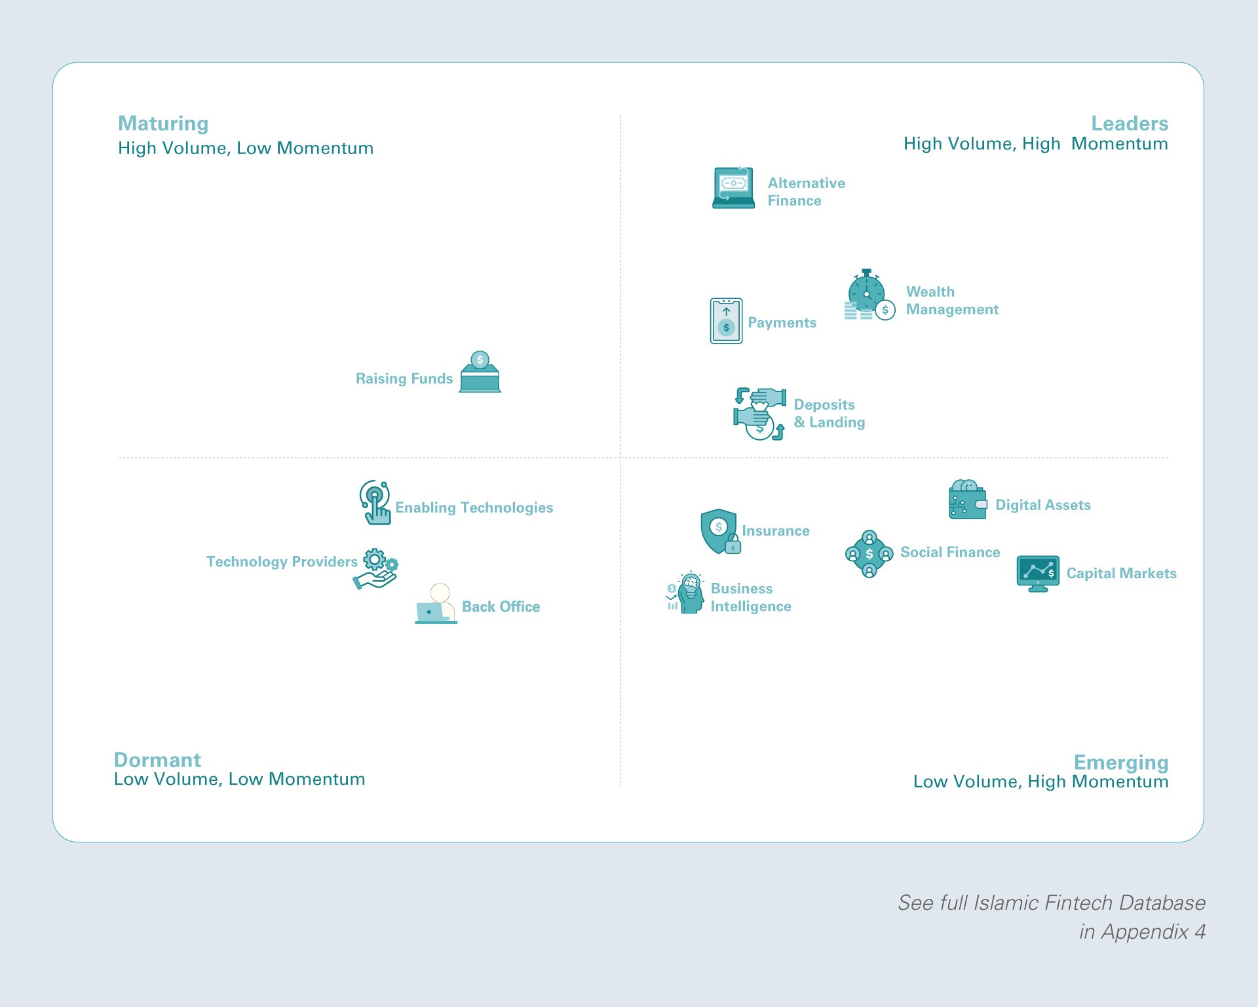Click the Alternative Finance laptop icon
tap(733, 188)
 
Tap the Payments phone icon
tap(726, 321)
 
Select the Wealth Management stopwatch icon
tap(868, 295)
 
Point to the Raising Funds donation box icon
tap(480, 372)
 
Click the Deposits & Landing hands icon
tap(759, 414)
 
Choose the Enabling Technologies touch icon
tap(375, 502)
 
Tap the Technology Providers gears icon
tap(376, 568)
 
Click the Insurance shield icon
tap(720, 531)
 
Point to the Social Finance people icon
tap(869, 554)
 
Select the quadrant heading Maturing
tap(163, 123)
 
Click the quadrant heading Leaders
tap(1129, 123)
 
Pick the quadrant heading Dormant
tap(157, 760)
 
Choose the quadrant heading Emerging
tap(1120, 762)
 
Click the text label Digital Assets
tap(1043, 505)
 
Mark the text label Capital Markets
tap(1121, 574)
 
